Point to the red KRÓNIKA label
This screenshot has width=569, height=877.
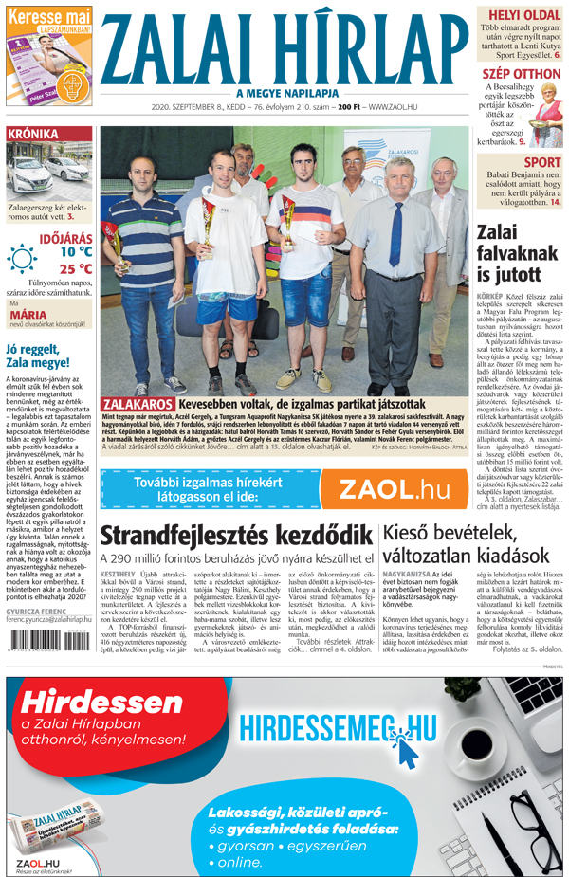click(33, 135)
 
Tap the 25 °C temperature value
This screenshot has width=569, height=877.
click(76, 268)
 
